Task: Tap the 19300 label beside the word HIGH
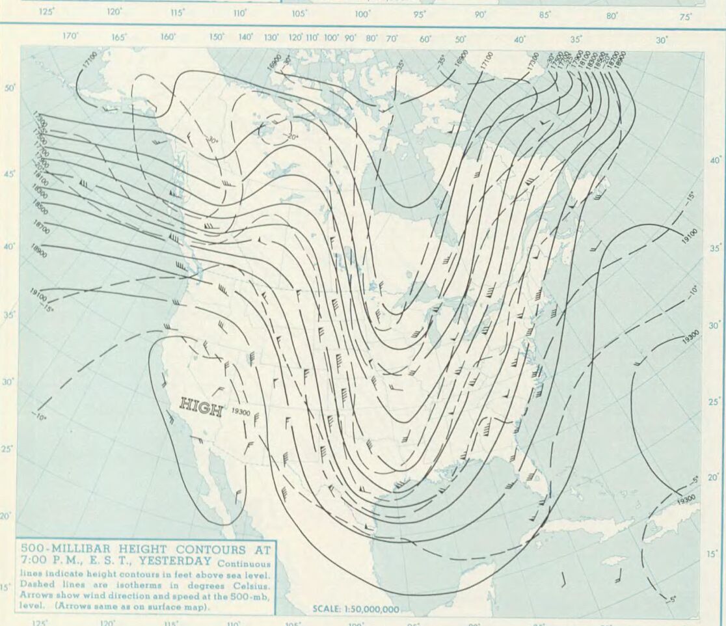(241, 412)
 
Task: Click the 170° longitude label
(70, 36)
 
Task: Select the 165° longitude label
(118, 38)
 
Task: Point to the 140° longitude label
(245, 37)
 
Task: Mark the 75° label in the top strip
(686, 18)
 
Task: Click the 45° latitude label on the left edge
(9, 174)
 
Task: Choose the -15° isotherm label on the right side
(690, 197)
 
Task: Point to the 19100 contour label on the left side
(38, 295)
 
